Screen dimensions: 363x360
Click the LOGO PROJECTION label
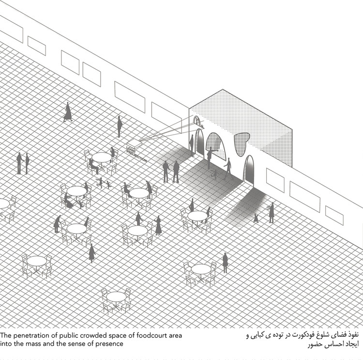tap(136, 154)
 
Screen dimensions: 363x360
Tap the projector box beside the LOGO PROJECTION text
tap(134, 144)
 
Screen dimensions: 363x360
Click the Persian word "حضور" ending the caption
tap(315, 344)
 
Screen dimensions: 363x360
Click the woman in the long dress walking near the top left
tap(68, 112)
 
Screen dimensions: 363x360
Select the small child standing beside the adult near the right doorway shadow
tap(256, 218)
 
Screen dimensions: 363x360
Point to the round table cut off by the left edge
tap(4, 203)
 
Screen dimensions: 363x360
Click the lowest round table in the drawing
tap(116, 297)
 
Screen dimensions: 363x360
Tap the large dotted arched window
tap(216, 146)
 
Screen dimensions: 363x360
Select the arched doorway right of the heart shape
tap(249, 170)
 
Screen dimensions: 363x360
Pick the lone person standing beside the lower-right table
tap(225, 263)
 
